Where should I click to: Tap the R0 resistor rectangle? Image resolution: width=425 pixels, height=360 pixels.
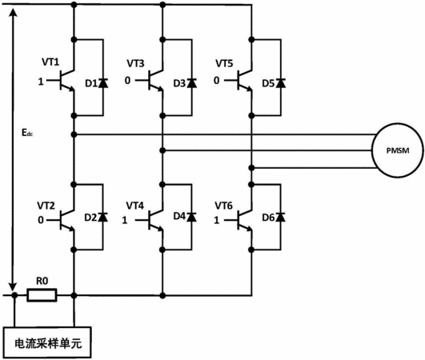(x=42, y=295)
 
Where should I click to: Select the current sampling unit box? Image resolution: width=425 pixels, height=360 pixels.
(x=47, y=342)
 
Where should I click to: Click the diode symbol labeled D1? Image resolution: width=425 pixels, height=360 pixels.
(x=103, y=83)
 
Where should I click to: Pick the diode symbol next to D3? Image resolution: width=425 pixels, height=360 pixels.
(x=192, y=83)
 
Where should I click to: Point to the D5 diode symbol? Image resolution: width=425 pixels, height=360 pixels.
(x=281, y=83)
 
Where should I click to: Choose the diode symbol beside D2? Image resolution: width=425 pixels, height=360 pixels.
(x=102, y=217)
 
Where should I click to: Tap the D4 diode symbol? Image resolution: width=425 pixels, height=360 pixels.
(x=191, y=217)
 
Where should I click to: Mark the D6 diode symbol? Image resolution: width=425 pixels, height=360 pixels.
(x=280, y=217)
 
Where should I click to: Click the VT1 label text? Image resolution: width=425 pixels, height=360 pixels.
(x=50, y=62)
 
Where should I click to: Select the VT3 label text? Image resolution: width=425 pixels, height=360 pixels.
(x=135, y=63)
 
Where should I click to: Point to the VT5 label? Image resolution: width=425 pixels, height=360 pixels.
(x=224, y=63)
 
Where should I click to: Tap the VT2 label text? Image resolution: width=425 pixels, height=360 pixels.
(x=46, y=206)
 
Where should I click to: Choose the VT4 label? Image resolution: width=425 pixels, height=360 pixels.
(x=134, y=206)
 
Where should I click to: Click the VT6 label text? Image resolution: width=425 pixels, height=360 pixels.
(x=223, y=206)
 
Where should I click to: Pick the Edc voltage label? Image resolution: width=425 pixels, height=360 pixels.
(x=27, y=133)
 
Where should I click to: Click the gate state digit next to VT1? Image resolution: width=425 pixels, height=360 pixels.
(x=41, y=82)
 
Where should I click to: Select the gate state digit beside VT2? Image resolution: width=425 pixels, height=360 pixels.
(x=41, y=220)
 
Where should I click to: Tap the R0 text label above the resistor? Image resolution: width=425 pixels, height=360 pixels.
(x=42, y=281)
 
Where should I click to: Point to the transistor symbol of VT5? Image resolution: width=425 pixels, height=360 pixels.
(x=243, y=80)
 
